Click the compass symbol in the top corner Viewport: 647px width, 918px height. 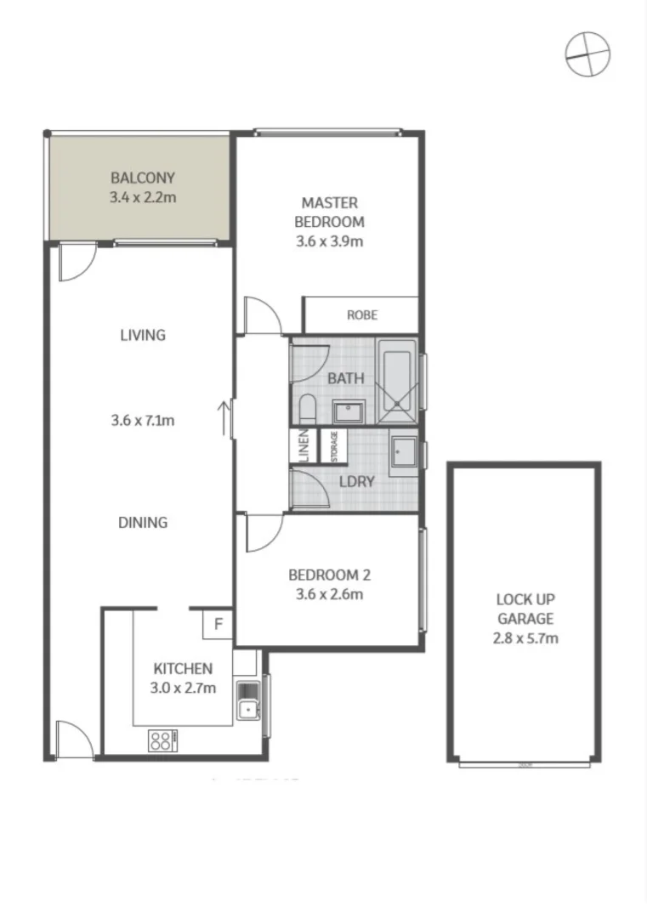pyautogui.click(x=587, y=54)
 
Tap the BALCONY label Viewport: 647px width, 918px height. pyautogui.click(x=142, y=178)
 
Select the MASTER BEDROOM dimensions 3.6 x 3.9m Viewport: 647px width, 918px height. pyautogui.click(x=329, y=241)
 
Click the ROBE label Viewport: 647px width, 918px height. pyautogui.click(x=361, y=314)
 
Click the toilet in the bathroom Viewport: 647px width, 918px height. pyautogui.click(x=309, y=410)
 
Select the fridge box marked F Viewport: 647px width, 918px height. pyautogui.click(x=218, y=625)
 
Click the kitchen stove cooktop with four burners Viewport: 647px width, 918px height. pyautogui.click(x=162, y=739)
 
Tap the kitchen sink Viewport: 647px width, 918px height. pyautogui.click(x=247, y=699)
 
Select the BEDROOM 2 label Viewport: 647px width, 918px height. pyautogui.click(x=329, y=575)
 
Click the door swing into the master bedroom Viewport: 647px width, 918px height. pyautogui.click(x=262, y=314)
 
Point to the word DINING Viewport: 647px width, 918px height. pyautogui.click(x=142, y=523)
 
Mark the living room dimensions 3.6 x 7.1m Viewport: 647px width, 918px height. pyautogui.click(x=142, y=420)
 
